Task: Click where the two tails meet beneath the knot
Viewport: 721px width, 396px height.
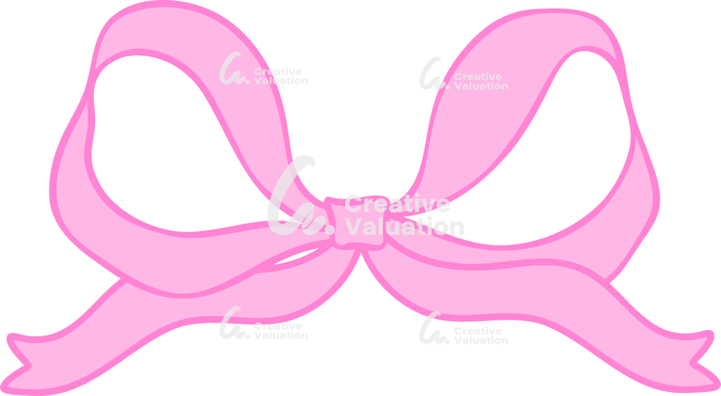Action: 360,251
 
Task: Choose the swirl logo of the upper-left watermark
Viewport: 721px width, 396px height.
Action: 234,68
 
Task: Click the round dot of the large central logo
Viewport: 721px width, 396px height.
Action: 330,230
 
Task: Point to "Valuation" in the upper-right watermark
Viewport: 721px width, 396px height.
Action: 481,86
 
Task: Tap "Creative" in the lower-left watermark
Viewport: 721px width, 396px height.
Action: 278,326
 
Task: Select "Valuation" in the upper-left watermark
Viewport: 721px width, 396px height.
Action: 281,81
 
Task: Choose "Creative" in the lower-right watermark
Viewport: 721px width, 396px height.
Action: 478,331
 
